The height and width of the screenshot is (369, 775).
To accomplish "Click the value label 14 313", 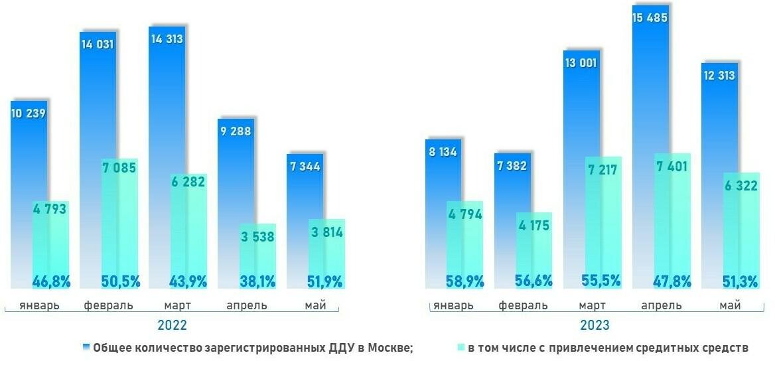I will pyautogui.click(x=166, y=39).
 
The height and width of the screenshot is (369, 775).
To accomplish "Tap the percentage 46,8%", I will pyautogui.click(x=51, y=281).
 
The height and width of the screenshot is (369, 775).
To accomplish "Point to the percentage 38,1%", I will pyautogui.click(x=257, y=281).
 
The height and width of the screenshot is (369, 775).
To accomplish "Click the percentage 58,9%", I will pyautogui.click(x=464, y=281).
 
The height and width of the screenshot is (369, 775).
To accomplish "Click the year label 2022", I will pyautogui.click(x=172, y=326).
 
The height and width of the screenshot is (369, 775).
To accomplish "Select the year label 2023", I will pyautogui.click(x=595, y=326).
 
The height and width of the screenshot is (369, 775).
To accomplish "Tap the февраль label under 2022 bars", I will pyautogui.click(x=109, y=306).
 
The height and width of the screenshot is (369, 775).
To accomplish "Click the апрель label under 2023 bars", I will pyautogui.click(x=662, y=306).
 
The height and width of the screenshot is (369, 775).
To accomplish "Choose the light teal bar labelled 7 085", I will pyautogui.click(x=120, y=226).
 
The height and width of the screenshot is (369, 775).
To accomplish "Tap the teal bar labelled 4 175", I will pyautogui.click(x=533, y=252).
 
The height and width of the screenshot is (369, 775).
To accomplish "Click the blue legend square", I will pyautogui.click(x=86, y=347).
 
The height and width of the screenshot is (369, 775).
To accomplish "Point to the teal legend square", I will pyautogui.click(x=460, y=347).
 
